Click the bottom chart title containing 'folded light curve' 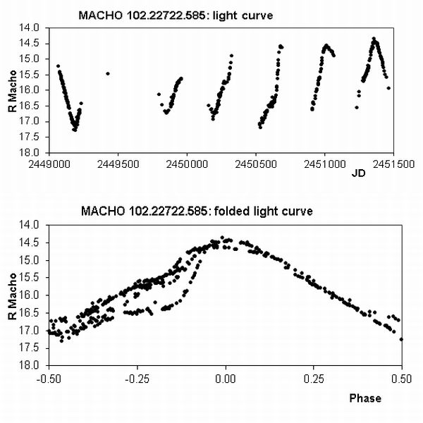point(197,211)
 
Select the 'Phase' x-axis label point(365,398)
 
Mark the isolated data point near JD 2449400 point(107,73)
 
